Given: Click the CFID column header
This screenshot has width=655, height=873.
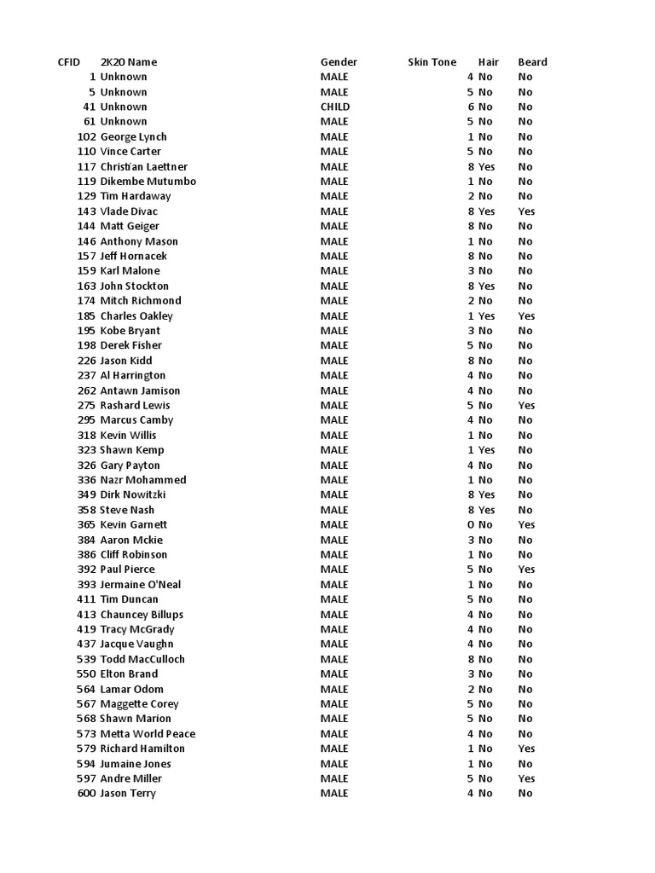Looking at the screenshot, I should pyautogui.click(x=68, y=62).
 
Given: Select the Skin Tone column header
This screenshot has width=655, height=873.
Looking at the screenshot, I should pyautogui.click(x=432, y=62).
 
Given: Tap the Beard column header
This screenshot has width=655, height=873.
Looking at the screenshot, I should pyautogui.click(x=532, y=62).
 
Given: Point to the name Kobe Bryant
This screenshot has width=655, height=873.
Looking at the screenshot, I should pyautogui.click(x=130, y=331).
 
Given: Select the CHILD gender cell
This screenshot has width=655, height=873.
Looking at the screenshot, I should pyautogui.click(x=335, y=107).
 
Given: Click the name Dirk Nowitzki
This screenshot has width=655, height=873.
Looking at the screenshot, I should pyautogui.click(x=133, y=494).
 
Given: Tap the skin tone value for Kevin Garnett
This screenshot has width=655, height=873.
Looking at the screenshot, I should pyautogui.click(x=470, y=525).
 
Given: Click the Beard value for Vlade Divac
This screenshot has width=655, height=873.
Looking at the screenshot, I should pyautogui.click(x=526, y=211).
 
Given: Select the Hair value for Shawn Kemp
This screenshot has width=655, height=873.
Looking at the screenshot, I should pyautogui.click(x=486, y=450).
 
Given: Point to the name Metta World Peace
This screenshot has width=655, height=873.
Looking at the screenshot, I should pyautogui.click(x=148, y=734).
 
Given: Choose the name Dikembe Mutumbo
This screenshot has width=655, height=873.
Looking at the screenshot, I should pyautogui.click(x=148, y=182).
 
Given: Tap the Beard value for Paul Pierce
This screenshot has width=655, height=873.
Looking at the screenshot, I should pyautogui.click(x=526, y=569).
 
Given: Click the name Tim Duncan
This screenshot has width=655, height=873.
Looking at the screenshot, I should pyautogui.click(x=129, y=599).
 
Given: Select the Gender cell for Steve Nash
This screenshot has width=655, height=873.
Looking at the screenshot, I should pyautogui.click(x=334, y=510).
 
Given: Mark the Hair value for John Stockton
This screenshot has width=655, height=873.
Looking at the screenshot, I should pyautogui.click(x=486, y=286).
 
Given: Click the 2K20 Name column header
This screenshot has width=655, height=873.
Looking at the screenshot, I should pyautogui.click(x=129, y=62).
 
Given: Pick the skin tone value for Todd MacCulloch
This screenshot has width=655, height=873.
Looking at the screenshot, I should pyautogui.click(x=470, y=659).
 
